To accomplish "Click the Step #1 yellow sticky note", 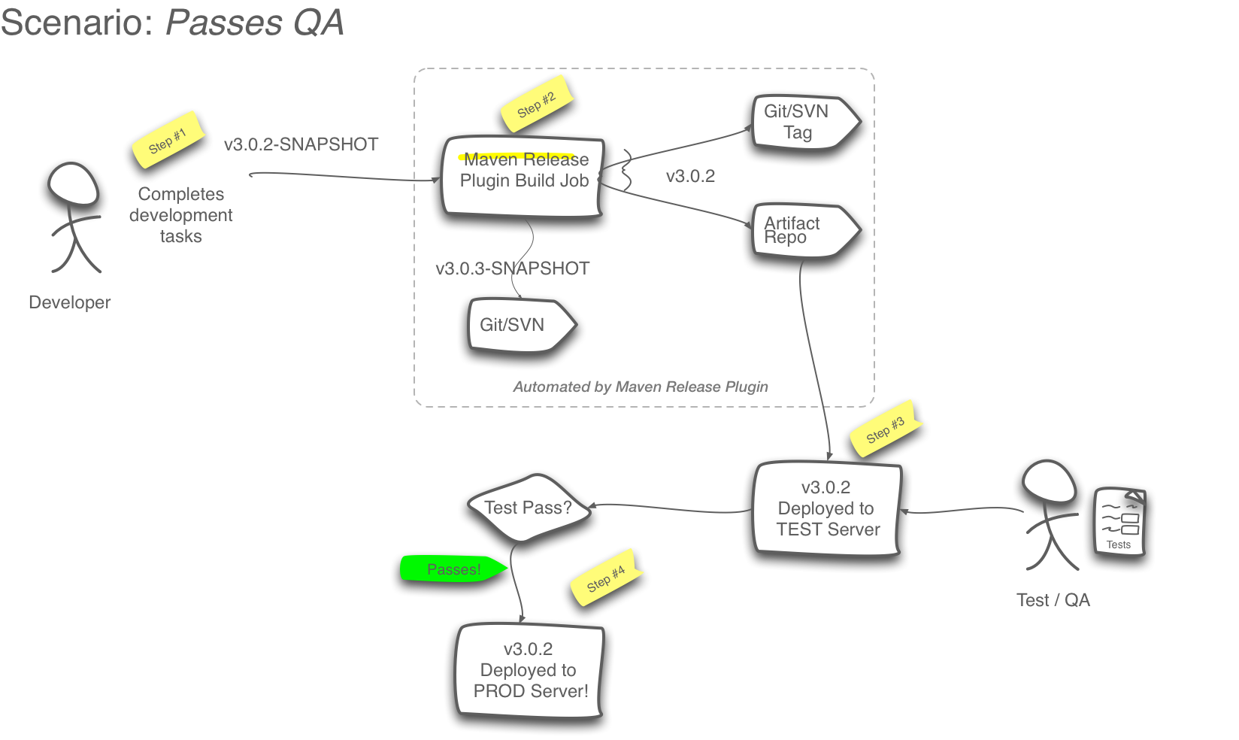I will tap(168, 141).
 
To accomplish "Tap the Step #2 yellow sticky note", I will tap(537, 105).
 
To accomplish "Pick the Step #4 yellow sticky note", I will tap(606, 579).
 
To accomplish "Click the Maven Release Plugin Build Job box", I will tap(524, 177).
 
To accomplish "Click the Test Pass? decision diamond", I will tap(529, 508).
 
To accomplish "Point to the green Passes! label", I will tap(453, 569).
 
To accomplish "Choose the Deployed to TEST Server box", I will tap(827, 509).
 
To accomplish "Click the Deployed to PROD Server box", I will tap(529, 670).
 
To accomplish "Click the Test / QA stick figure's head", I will tap(1049, 482).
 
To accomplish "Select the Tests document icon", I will tap(1119, 522).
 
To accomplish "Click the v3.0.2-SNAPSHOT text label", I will tap(301, 144).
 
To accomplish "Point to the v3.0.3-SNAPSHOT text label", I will tap(512, 268).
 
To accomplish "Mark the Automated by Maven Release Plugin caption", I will tap(641, 387).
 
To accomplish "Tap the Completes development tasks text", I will tap(181, 215).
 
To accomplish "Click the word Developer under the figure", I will tap(70, 302).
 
